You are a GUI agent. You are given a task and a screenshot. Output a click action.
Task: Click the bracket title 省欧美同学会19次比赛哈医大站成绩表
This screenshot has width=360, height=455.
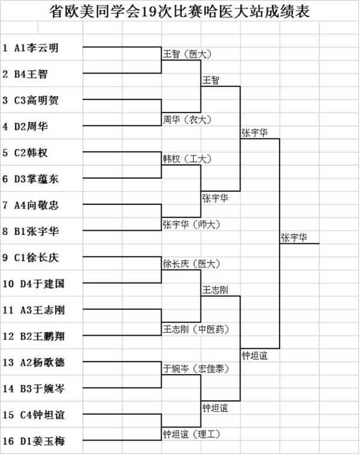179,11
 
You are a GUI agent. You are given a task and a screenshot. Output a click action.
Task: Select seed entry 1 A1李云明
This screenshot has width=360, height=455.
31,48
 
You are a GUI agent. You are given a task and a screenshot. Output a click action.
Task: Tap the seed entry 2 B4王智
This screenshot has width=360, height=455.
25,74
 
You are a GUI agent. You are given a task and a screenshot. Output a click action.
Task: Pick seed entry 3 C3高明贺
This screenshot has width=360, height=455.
31,100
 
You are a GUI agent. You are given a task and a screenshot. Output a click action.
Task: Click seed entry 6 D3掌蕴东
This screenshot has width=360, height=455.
31,179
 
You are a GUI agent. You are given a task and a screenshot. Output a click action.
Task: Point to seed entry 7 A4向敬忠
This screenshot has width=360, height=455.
31,205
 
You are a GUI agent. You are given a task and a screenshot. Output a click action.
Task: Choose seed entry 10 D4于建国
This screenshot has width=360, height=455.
34,284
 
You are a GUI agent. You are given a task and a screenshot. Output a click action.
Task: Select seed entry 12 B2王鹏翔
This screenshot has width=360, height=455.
34,336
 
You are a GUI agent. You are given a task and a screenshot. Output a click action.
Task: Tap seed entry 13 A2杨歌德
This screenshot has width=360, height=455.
34,363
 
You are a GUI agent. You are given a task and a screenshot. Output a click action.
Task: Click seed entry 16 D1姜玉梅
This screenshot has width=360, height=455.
34,441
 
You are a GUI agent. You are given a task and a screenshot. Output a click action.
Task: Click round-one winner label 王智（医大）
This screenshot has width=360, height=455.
187,54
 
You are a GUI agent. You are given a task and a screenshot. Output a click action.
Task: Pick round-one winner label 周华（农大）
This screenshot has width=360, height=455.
187,119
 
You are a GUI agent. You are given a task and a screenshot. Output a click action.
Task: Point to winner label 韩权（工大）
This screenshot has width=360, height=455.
187,159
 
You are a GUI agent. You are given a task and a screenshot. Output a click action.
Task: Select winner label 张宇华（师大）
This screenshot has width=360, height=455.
191,224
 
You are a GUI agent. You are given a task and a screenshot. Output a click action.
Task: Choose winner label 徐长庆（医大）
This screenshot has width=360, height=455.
191,264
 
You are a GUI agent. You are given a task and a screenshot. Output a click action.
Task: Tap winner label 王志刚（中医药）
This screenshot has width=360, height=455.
196,329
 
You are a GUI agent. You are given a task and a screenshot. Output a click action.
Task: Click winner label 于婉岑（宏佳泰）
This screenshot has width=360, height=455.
196,369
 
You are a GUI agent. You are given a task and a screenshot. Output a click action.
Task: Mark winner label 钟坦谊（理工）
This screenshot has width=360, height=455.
191,434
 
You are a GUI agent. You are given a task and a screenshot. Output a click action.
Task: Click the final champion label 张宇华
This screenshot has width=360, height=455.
294,237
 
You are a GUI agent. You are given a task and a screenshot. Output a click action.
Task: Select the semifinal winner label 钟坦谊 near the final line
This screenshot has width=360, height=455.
254,355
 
